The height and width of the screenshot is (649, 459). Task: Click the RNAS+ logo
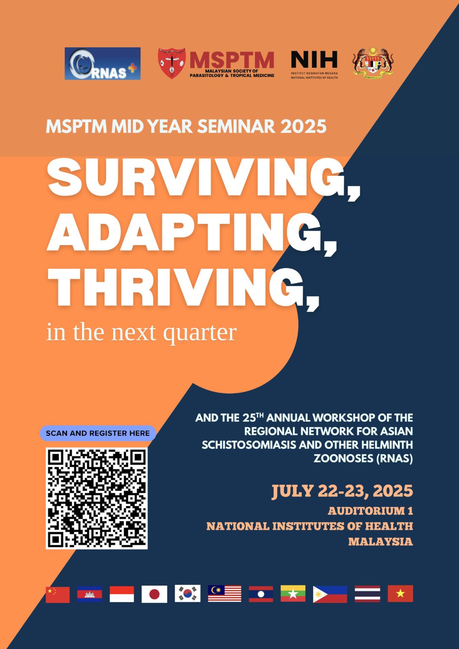(103, 64)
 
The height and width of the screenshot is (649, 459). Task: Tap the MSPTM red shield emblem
(172, 63)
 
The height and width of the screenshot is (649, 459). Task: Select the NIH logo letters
(314, 60)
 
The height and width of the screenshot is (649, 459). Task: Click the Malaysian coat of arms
(373, 63)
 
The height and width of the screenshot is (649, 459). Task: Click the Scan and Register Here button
(98, 433)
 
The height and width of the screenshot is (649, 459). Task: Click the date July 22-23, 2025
(342, 491)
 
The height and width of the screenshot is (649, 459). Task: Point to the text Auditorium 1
(370, 511)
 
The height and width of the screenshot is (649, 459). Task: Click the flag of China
(57, 594)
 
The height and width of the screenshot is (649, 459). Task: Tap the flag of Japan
(154, 594)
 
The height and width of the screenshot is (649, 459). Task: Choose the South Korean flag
(187, 594)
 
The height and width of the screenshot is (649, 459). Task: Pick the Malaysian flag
(224, 594)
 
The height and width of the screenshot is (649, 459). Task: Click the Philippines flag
(330, 594)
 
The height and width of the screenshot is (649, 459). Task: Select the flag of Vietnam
(400, 594)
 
